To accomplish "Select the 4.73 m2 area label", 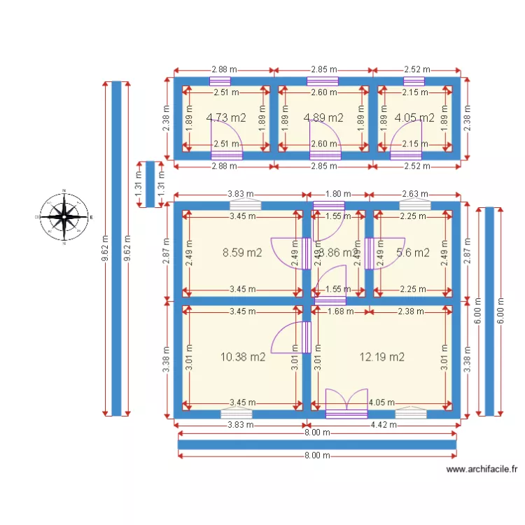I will [x=226, y=118].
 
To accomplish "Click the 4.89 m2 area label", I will [x=323, y=118].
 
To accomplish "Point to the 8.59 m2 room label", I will [x=242, y=253].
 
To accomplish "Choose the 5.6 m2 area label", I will [x=412, y=253].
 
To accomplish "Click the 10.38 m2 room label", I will [x=242, y=356].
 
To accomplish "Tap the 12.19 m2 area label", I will [x=381, y=356].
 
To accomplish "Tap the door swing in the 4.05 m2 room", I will [x=406, y=136].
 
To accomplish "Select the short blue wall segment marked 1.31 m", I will [x=149, y=184].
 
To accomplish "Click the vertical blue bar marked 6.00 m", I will [x=489, y=311].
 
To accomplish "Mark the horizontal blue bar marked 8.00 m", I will [x=317, y=444].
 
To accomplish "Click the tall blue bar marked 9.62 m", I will [x=117, y=248].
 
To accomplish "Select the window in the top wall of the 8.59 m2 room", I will [x=246, y=205].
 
